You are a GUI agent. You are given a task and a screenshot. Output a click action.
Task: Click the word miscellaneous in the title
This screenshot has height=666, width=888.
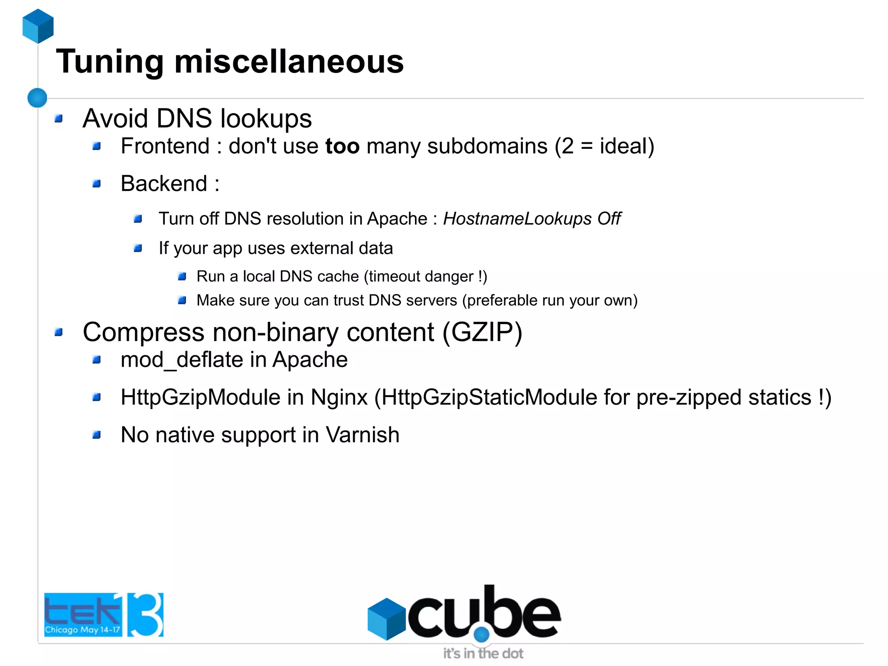click(289, 62)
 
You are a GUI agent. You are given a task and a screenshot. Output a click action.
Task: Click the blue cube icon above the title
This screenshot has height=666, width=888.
click(38, 26)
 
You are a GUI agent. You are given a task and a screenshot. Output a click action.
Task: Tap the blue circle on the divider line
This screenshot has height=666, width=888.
click(37, 98)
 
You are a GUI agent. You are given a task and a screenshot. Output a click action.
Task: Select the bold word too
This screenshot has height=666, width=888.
click(342, 146)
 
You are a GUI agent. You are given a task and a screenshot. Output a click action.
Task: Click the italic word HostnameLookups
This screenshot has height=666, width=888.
click(517, 219)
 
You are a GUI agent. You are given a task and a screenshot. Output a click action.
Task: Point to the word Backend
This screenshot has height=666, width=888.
click(164, 184)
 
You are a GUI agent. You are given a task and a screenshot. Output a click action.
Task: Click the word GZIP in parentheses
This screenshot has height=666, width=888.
click(482, 332)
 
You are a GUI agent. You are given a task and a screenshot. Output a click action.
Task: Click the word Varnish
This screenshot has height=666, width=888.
click(362, 435)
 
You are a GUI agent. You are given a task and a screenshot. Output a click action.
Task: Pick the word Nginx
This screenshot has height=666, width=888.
click(339, 397)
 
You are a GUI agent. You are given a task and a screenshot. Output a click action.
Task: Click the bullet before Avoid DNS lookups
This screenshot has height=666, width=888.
click(59, 118)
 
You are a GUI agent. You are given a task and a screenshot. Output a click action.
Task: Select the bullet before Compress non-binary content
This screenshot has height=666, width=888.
click(59, 332)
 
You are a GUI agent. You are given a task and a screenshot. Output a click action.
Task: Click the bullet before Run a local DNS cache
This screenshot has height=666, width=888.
click(182, 276)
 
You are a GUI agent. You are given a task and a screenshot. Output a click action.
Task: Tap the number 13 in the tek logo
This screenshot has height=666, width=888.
click(145, 614)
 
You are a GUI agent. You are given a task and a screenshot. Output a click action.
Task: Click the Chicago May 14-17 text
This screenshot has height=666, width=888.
click(82, 630)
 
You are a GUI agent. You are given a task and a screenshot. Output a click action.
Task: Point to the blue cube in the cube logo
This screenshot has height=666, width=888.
click(386, 619)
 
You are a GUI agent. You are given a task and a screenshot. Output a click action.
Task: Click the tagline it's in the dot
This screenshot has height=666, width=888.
click(483, 653)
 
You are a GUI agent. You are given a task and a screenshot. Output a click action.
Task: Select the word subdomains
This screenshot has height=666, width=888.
click(487, 146)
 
